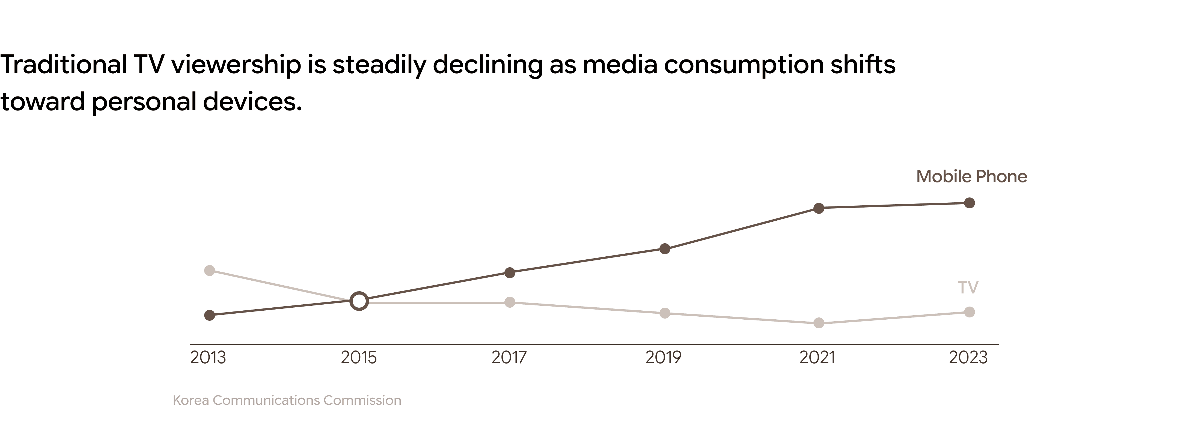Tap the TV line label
click(968, 287)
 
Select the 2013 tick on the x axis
click(208, 357)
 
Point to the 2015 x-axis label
click(359, 357)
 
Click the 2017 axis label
click(509, 357)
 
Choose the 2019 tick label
click(663, 357)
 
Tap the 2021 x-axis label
click(817, 357)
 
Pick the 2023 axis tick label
click(968, 357)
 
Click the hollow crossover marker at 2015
click(359, 301)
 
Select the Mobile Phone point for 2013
click(210, 316)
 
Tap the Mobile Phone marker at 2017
click(510, 272)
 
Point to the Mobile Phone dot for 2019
click(665, 249)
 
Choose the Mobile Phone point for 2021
click(819, 208)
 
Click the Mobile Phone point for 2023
click(969, 203)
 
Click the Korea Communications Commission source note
click(287, 400)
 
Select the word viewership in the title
click(236, 65)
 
